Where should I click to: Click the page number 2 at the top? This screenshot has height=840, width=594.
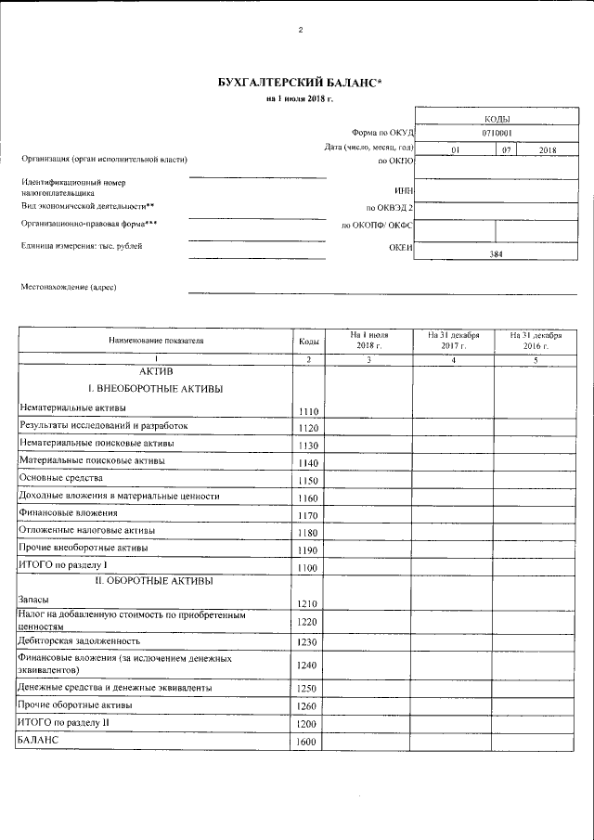300,30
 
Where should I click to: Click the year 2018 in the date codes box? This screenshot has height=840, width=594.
547,149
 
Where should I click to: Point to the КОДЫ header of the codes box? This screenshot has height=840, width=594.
496,118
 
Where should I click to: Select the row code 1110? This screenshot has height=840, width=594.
308,411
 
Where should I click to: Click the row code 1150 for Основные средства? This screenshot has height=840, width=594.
308,481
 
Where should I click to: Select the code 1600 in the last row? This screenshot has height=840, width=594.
308,743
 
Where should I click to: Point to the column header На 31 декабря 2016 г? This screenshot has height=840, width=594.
535,340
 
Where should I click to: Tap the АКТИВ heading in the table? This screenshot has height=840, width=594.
155,370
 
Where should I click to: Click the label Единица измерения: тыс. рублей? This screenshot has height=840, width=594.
82,246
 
